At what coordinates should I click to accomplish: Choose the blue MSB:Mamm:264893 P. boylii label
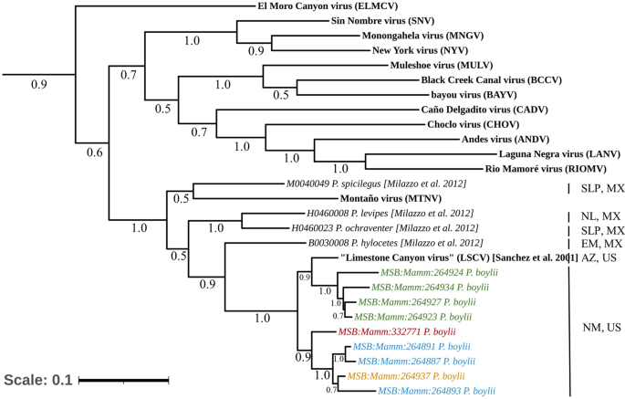[437, 390]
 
